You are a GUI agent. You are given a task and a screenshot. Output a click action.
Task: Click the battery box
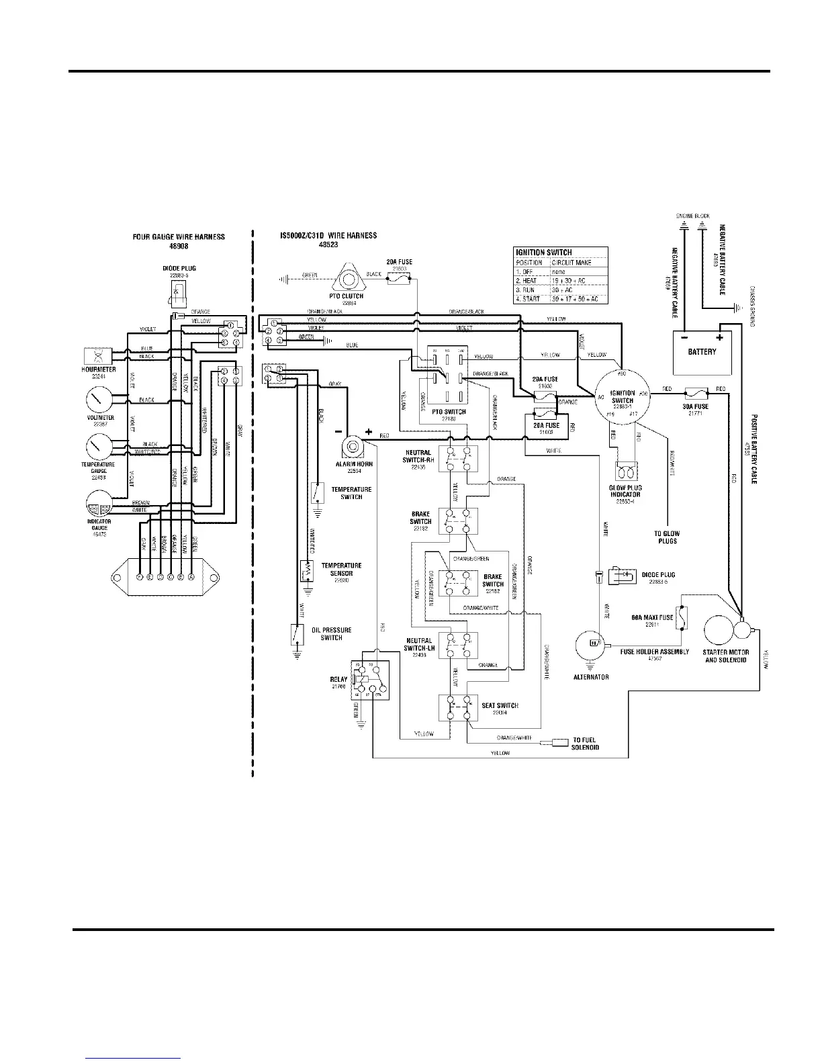tap(702, 352)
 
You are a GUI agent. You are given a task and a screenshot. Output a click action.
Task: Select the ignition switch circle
tap(622, 396)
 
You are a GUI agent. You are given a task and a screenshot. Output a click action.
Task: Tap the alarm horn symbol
tap(350, 446)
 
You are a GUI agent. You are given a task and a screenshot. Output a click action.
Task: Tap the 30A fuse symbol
tap(694, 390)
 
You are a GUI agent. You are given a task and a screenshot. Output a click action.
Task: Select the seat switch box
tap(458, 708)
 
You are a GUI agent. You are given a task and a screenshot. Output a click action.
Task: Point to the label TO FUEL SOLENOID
tap(585, 744)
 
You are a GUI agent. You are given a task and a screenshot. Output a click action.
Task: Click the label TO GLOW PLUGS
tap(666, 537)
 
